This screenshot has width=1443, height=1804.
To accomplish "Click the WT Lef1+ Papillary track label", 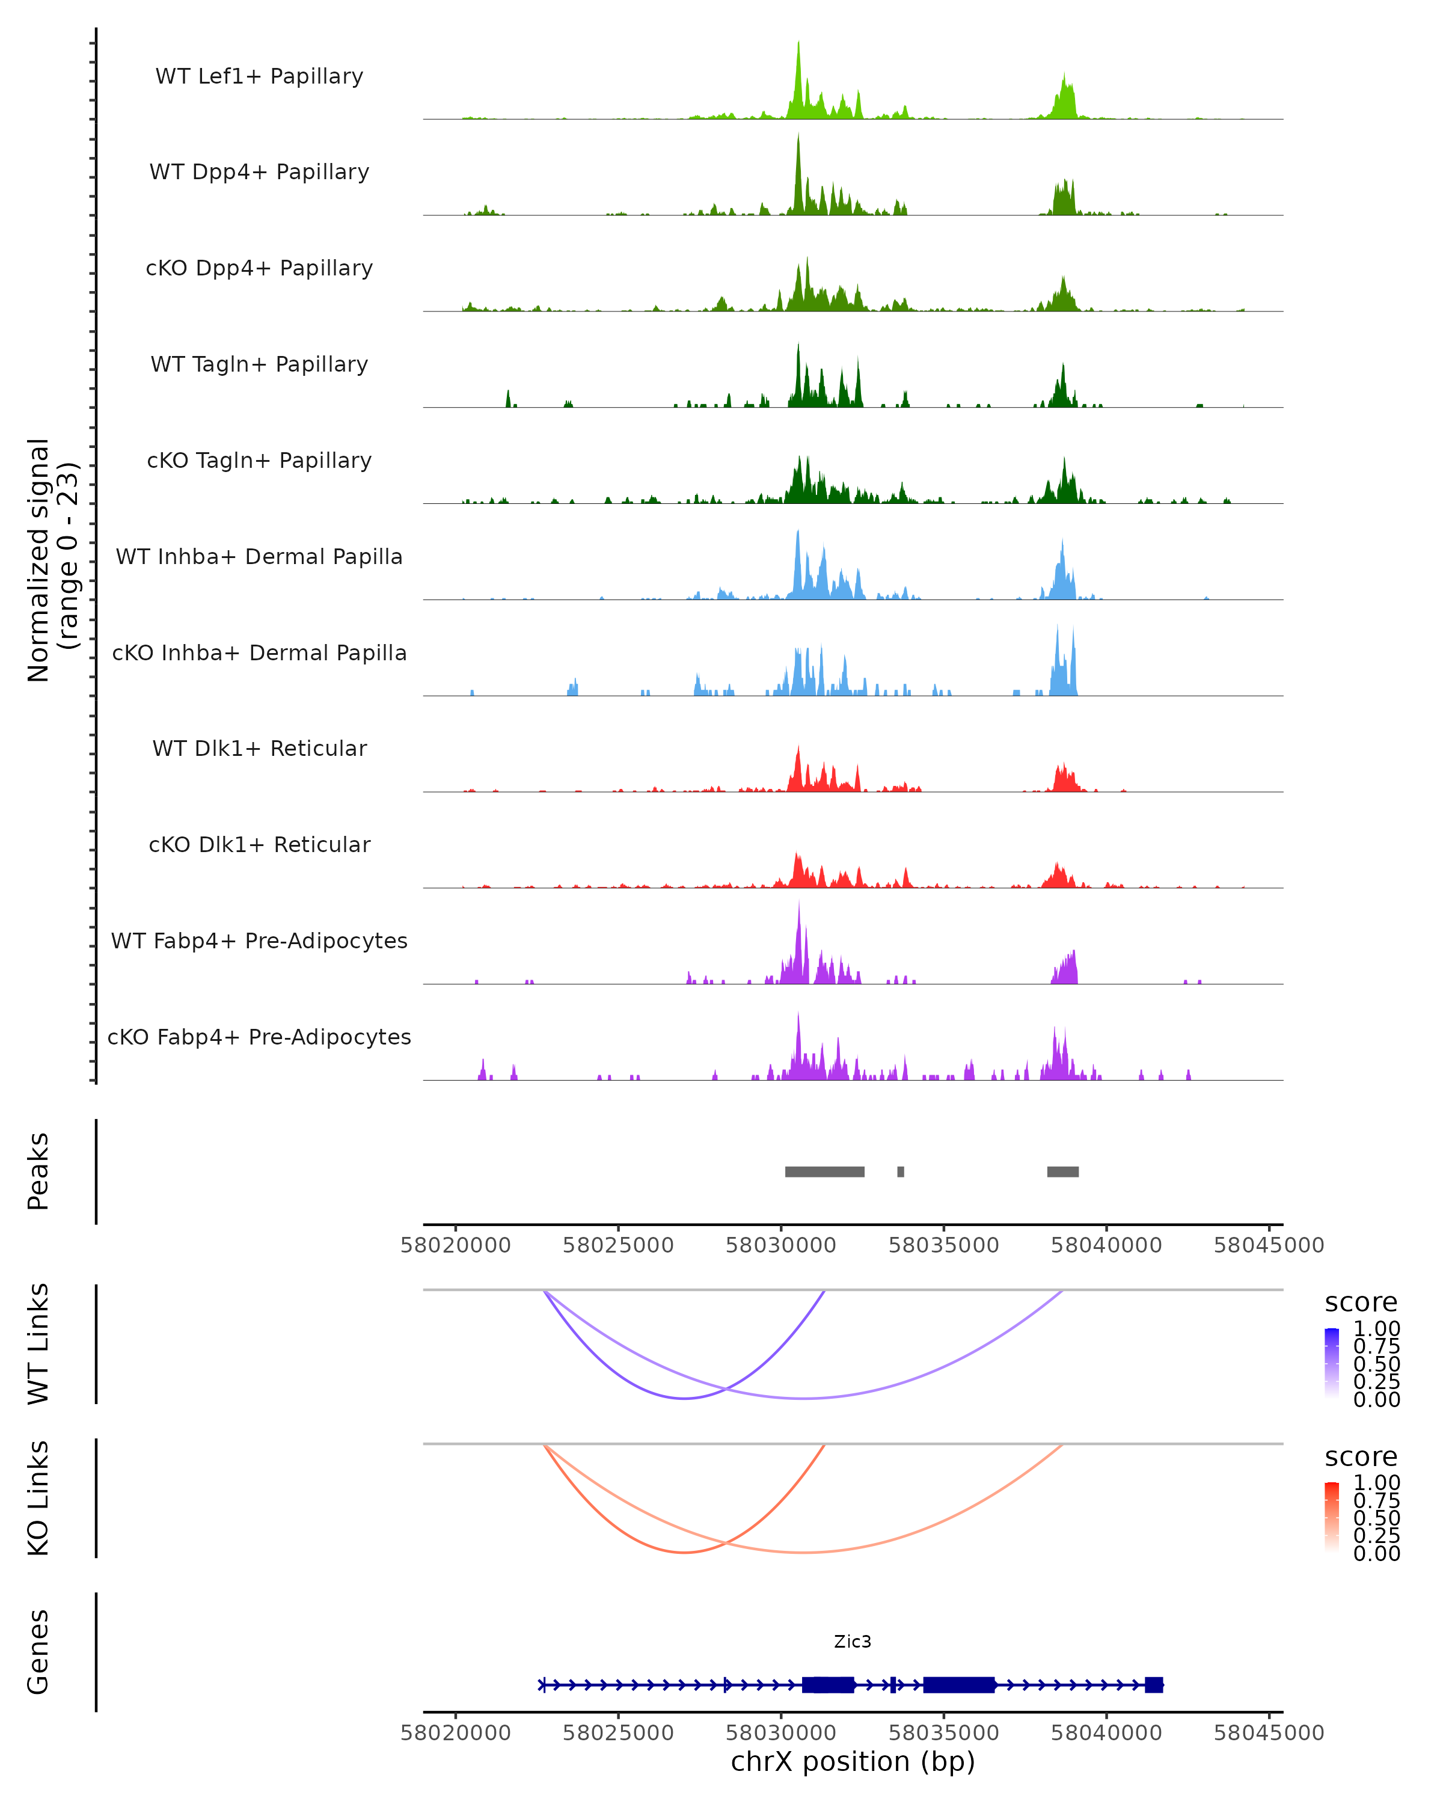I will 259,76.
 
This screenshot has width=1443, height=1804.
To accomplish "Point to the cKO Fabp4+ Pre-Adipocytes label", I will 259,1037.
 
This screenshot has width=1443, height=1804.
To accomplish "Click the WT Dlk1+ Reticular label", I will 259,748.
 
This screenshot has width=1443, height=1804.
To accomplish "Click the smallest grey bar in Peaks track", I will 900,1171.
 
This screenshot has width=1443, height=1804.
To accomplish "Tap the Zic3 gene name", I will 853,1642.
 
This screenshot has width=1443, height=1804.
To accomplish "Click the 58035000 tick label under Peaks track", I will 943,1245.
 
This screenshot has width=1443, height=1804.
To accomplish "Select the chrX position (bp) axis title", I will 853,1761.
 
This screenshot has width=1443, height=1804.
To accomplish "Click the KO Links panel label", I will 38,1498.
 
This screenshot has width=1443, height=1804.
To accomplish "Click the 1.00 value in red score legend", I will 1376,1483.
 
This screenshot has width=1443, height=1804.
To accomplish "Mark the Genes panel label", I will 38,1652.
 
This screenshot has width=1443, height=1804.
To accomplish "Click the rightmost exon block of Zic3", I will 1154,1685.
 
